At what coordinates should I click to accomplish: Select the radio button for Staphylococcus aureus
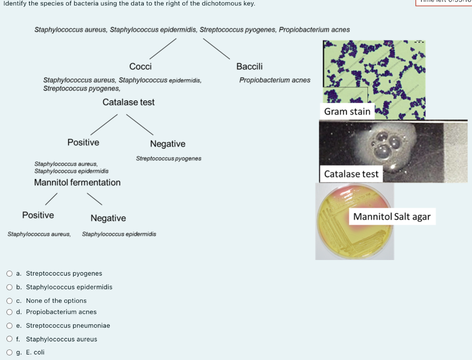[10, 339]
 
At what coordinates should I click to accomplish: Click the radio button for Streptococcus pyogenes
[10, 273]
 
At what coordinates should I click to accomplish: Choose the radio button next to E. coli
[10, 352]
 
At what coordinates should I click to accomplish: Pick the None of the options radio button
[10, 301]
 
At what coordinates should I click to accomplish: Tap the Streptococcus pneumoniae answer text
[68, 325]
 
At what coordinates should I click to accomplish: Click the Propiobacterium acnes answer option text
[61, 312]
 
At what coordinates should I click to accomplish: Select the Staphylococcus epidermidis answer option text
[69, 287]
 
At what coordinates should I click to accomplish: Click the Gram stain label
[347, 112]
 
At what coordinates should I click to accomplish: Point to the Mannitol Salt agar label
[392, 217]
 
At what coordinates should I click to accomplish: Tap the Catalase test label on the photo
[351, 174]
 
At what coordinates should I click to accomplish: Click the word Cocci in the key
[141, 66]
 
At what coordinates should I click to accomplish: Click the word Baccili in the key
[249, 66]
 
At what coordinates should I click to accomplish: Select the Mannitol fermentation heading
[77, 183]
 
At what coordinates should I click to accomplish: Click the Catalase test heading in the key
[129, 102]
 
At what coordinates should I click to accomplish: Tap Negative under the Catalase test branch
[168, 144]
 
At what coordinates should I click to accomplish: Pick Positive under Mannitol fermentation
[38, 215]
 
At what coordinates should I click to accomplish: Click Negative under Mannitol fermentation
[108, 218]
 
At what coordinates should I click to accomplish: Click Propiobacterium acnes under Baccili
[275, 80]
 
